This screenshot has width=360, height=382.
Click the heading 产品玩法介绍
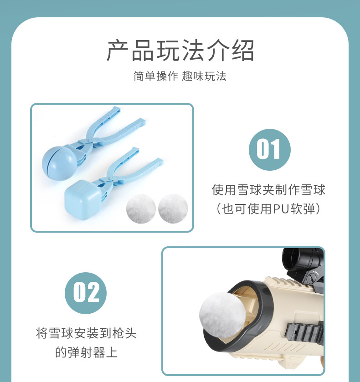(180, 51)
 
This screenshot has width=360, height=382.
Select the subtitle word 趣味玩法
(204, 76)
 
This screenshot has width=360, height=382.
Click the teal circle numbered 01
(269, 150)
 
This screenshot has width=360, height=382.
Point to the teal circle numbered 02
(86, 293)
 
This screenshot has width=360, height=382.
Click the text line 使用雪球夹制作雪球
(268, 189)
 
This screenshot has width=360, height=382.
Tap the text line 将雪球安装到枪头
(86, 333)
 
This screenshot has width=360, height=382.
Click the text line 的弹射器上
(86, 352)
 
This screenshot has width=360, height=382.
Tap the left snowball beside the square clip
(140, 209)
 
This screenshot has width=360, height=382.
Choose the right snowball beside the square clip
(173, 209)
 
